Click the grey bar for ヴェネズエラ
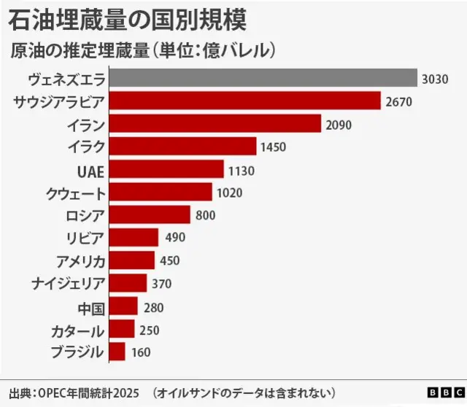tap(263, 78)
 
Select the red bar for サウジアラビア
tap(245, 101)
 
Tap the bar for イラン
tap(215, 124)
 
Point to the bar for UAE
tap(166, 169)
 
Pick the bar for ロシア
tap(150, 215)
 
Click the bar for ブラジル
tap(117, 352)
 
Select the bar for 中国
tap(123, 306)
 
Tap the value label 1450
tap(271, 147)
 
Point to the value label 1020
tap(228, 193)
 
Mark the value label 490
tap(175, 238)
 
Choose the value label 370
tap(162, 284)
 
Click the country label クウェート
tap(76, 193)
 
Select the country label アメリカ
tap(80, 260)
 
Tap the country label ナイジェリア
tap(69, 283)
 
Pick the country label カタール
tap(77, 330)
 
